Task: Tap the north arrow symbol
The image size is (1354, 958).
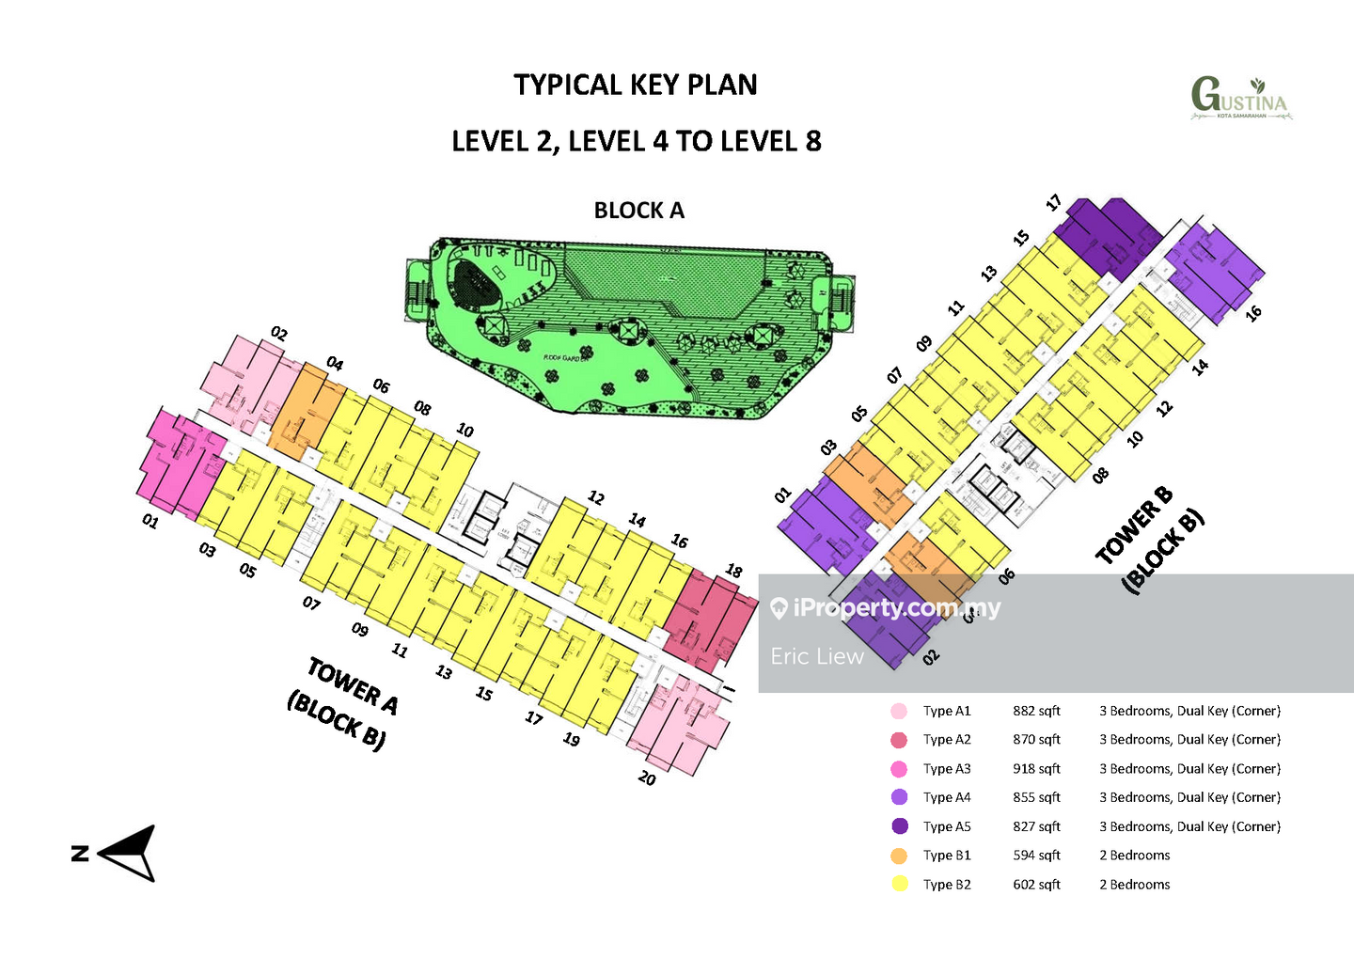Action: pos(130,852)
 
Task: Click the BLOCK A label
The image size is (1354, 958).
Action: pos(638,211)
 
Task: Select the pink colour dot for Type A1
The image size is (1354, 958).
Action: pos(899,711)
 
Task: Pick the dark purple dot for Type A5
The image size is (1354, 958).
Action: pos(899,826)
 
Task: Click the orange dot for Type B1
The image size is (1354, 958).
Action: pos(899,856)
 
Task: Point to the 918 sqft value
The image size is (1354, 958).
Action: pos(1036,769)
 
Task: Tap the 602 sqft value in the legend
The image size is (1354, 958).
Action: pos(1036,885)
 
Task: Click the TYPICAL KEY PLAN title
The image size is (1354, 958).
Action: pos(636,85)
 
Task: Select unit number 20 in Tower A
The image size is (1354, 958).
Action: pos(647,777)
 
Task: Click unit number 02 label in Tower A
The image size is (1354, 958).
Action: pos(279,333)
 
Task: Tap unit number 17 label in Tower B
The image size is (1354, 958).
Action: pos(1053,202)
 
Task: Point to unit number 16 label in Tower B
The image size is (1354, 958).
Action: pos(1252,313)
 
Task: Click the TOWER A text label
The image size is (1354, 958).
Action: pos(353,686)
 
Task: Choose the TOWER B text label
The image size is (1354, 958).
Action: pos(1135,525)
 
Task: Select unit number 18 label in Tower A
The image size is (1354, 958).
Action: pos(734,571)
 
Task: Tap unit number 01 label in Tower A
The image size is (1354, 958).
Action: pos(150,521)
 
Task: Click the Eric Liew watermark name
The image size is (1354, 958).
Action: pos(816,656)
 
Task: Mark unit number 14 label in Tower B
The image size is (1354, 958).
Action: pos(1200,367)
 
